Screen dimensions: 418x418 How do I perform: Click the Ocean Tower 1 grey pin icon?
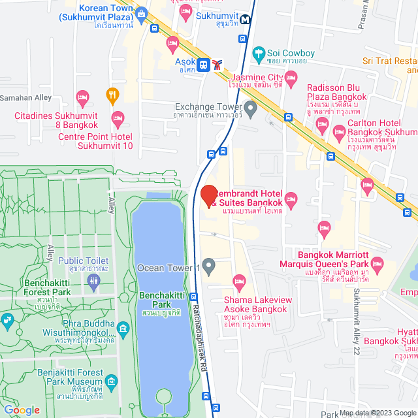209,266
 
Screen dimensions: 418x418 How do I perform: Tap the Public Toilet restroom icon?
93,281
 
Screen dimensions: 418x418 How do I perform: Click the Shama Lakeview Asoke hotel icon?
239,282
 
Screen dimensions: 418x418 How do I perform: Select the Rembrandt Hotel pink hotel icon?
291,198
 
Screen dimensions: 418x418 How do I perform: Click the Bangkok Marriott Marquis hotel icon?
384,264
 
